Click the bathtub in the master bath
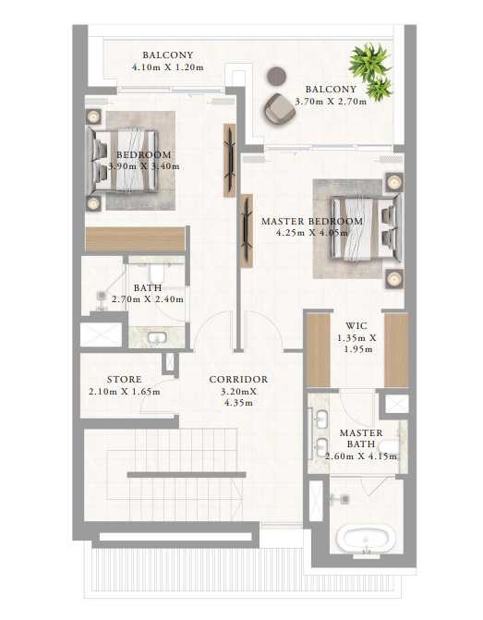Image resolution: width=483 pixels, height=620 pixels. point(366,539)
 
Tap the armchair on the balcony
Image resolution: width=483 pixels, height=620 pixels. point(280,108)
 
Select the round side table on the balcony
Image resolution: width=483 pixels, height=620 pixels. point(277,76)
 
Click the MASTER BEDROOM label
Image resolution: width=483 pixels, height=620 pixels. point(312,222)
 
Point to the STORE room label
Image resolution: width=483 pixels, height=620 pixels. point(124,380)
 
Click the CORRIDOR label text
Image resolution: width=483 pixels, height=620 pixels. point(238,380)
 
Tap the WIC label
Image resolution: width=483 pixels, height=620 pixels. point(356,326)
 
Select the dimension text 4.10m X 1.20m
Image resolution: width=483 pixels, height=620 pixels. point(167,67)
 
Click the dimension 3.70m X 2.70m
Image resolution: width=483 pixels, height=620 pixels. point(331,102)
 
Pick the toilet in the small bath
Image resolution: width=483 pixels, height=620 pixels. point(156,273)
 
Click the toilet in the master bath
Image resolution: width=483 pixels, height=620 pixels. point(390,447)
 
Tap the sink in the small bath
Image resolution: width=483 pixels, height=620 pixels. point(157,338)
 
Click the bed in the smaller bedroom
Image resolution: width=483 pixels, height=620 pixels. point(123,160)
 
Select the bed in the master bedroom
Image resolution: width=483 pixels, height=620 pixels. point(366,227)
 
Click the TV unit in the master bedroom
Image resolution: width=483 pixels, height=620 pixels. point(247,230)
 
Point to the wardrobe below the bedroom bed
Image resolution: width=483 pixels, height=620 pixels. point(135,238)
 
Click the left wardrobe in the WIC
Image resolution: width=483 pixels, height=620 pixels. point(319,350)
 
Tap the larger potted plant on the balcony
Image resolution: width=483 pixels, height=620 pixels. point(369,62)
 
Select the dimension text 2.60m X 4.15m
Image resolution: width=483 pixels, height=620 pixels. point(361,456)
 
